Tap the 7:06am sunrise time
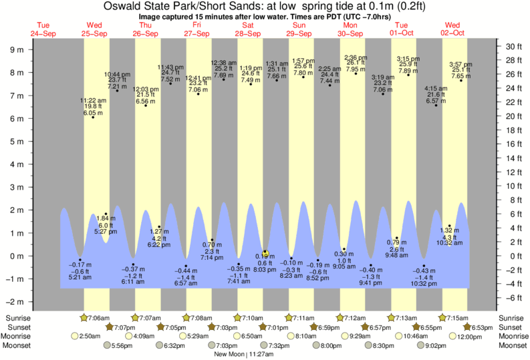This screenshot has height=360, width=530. tap(97, 317)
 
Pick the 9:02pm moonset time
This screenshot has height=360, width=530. tap(430, 346)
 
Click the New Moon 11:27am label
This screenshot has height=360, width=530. tap(248, 355)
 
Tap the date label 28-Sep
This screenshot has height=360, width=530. tap(248, 33)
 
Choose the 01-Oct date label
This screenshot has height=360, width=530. tap(403, 33)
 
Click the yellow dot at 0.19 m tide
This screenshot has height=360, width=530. tap(265, 252)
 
